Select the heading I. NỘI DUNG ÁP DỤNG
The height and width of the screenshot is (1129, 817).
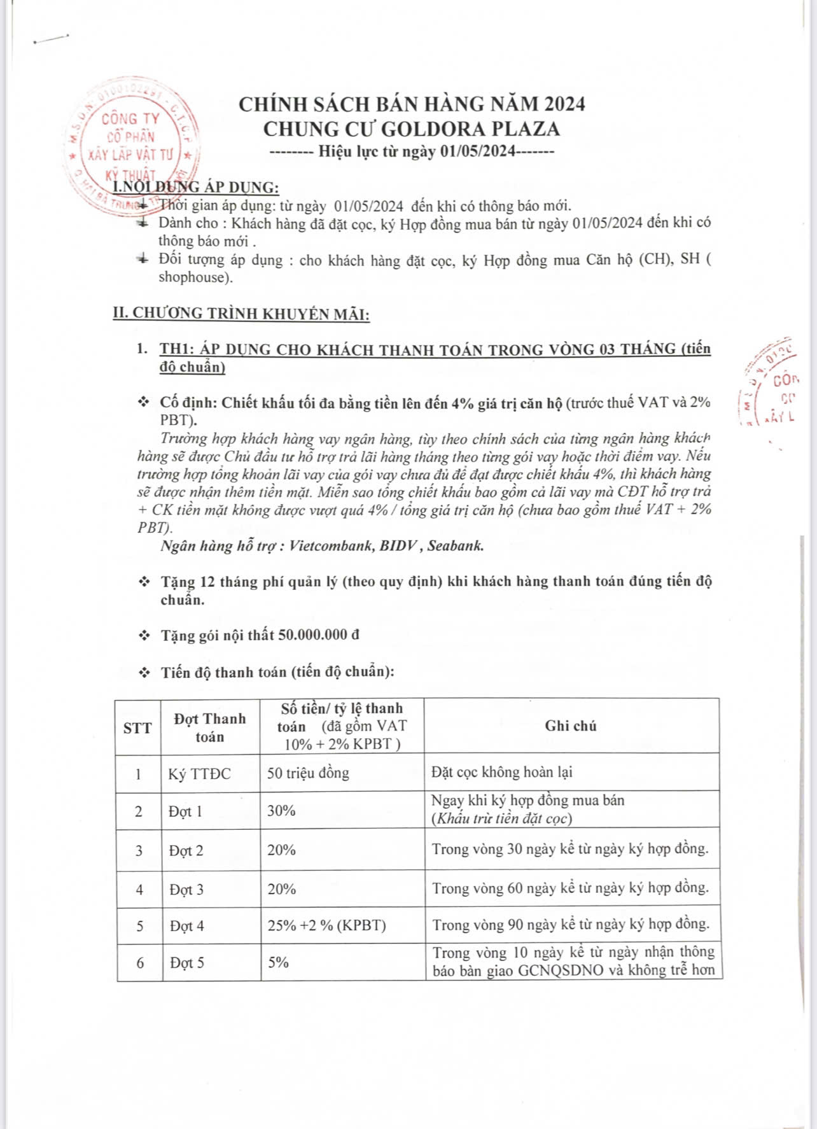coord(196,187)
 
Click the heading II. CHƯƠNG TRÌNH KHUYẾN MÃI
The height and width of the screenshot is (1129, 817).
coord(241,314)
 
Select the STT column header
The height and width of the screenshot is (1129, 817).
coord(137,727)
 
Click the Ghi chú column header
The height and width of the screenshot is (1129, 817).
coord(571,726)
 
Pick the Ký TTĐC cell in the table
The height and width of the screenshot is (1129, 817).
coord(199,774)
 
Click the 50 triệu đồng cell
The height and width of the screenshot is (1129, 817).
coord(308,773)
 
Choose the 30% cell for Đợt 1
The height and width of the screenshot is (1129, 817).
coord(281,811)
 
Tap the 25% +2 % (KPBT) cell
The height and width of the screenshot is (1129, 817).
coord(326,925)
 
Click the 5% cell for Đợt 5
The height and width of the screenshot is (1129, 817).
coord(279,962)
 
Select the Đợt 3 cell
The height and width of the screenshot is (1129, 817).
coord(186,890)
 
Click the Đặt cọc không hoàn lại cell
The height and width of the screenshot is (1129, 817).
coord(501,772)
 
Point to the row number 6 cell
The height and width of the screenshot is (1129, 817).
coord(140,963)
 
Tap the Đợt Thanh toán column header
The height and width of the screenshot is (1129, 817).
coord(209,727)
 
